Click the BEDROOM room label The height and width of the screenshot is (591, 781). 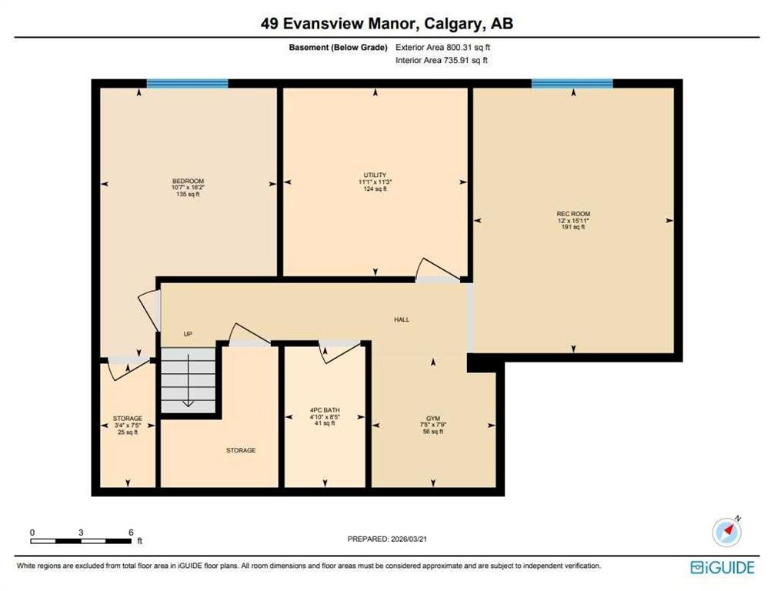tap(189, 182)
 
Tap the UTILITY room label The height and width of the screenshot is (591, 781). tap(375, 175)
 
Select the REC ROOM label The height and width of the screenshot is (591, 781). tap(573, 214)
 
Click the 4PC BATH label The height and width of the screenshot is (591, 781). tap(325, 410)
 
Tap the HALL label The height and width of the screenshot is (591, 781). tap(401, 319)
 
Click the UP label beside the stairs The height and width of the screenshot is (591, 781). tap(187, 334)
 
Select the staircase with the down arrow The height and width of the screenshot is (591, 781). tap(188, 380)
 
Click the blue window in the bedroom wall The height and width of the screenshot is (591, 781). tap(187, 84)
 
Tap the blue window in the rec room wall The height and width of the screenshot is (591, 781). tap(572, 84)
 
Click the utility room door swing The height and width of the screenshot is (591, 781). tap(435, 269)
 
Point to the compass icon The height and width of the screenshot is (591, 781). tap(726, 531)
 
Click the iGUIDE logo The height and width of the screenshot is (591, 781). tap(723, 567)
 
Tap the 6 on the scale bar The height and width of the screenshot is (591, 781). tap(131, 533)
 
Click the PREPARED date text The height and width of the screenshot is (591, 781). tap(387, 539)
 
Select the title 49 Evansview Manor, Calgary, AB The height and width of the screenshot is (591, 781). tap(387, 24)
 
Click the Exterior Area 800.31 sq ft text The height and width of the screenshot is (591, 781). tap(442, 48)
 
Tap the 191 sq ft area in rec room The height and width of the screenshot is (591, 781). tap(573, 227)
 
